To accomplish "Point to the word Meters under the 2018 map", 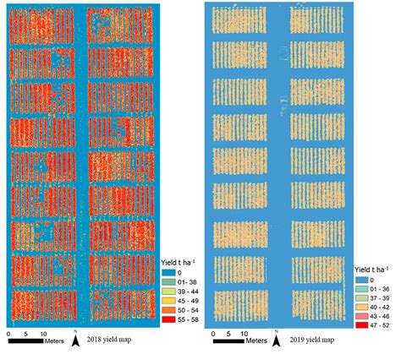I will [52, 341].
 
